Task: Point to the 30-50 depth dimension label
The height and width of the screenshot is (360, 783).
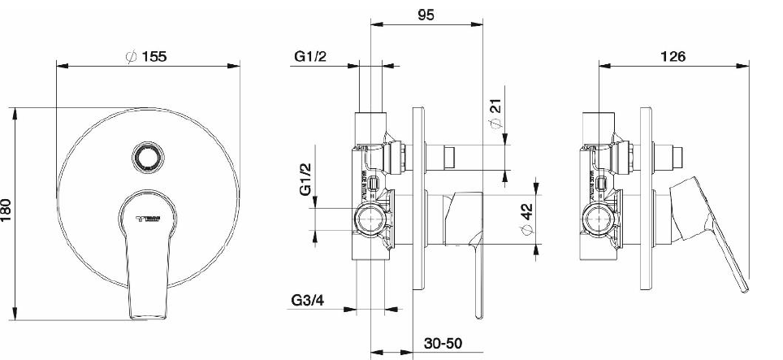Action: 445,345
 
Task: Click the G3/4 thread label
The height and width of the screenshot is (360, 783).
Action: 309,302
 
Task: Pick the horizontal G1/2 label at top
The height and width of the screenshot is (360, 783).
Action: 313,57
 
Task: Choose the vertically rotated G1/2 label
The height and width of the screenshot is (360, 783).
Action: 305,178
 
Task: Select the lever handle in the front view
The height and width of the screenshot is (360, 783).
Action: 147,268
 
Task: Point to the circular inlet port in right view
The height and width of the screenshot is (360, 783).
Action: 599,219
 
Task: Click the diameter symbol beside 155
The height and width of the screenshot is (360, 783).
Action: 129,57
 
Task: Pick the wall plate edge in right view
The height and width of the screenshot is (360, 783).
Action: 647,203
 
